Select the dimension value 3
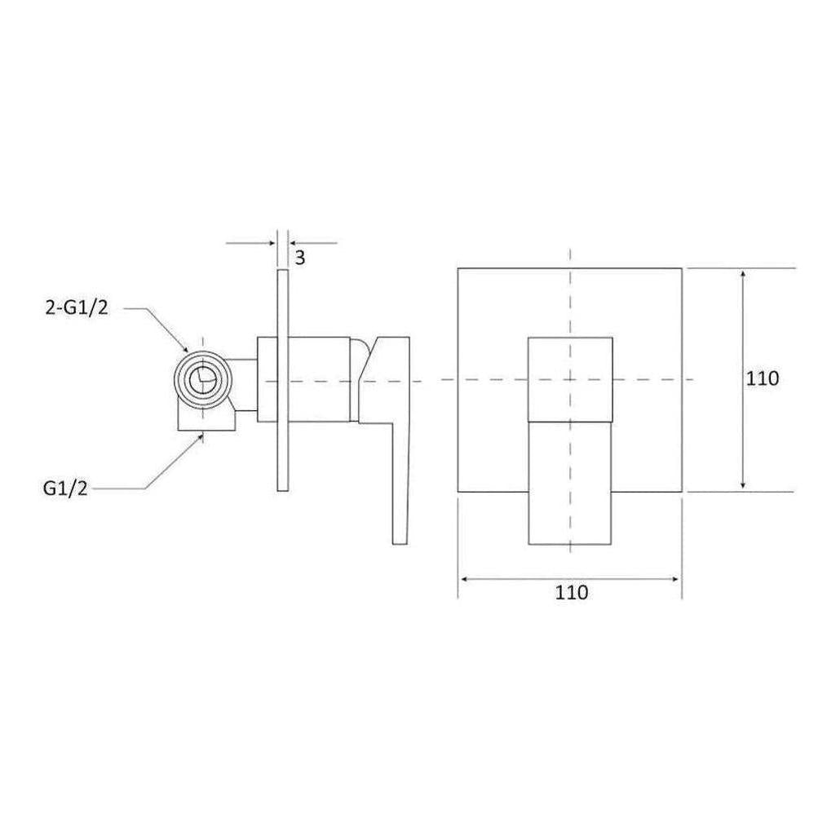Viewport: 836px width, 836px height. [x=299, y=258]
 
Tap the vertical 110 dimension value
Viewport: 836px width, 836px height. [x=763, y=378]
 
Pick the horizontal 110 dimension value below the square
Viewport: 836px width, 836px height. [x=571, y=593]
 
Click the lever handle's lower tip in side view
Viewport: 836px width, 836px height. [x=400, y=537]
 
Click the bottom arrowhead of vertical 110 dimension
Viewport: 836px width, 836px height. [x=743, y=486]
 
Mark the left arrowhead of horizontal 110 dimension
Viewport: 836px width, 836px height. [x=463, y=578]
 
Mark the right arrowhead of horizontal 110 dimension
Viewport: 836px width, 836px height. [x=676, y=578]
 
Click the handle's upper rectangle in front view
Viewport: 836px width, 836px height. [x=570, y=378]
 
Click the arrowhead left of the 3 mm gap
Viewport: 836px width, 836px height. [x=272, y=242]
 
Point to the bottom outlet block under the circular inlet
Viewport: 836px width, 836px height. [x=204, y=419]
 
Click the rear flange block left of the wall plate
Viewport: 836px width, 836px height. [x=267, y=379]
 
